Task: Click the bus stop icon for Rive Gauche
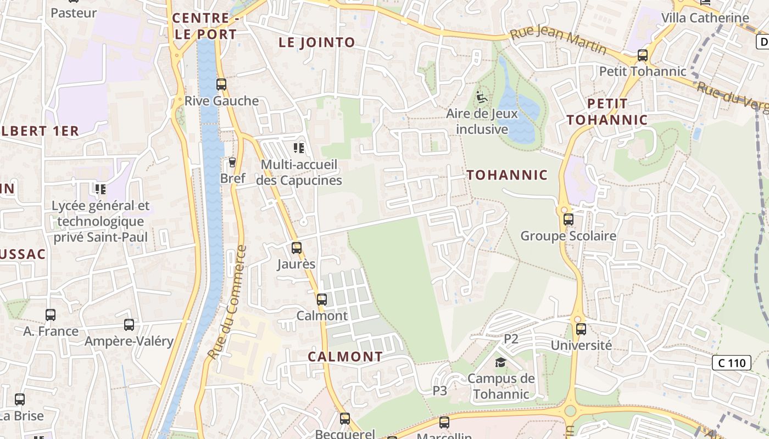pyautogui.click(x=221, y=85)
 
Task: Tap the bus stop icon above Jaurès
pyautogui.click(x=297, y=248)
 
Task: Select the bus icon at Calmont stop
pyautogui.click(x=322, y=300)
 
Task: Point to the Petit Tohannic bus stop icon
pyautogui.click(x=642, y=55)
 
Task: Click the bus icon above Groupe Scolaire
pyautogui.click(x=569, y=219)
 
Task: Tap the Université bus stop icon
pyautogui.click(x=581, y=329)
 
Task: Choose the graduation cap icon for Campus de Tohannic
pyautogui.click(x=500, y=362)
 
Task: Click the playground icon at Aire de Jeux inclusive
pyautogui.click(x=482, y=98)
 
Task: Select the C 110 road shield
pyautogui.click(x=732, y=363)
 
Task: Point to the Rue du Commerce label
pyautogui.click(x=227, y=303)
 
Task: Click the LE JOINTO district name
pyautogui.click(x=317, y=42)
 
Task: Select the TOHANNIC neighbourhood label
pyautogui.click(x=507, y=175)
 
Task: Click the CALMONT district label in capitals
pyautogui.click(x=345, y=356)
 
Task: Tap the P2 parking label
pyautogui.click(x=511, y=339)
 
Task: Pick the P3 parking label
pyautogui.click(x=440, y=391)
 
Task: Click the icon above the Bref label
pyautogui.click(x=232, y=162)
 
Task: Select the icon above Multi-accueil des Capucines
pyautogui.click(x=299, y=148)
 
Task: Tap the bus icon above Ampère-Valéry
pyautogui.click(x=129, y=325)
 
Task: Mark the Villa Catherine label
pyautogui.click(x=705, y=18)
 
